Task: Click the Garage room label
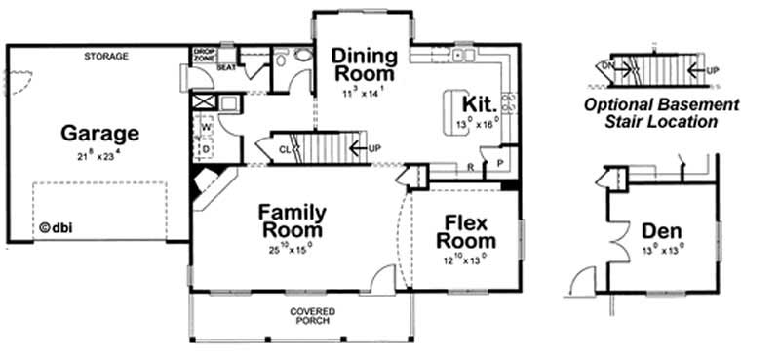point(99,134)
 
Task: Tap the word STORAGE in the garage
point(106,57)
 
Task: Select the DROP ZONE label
point(204,55)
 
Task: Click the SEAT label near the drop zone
point(226,67)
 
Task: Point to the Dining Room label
point(364,64)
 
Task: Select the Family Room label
point(292,221)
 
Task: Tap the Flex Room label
point(465,231)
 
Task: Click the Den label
point(661,231)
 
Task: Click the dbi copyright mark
point(58,230)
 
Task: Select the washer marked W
point(206,126)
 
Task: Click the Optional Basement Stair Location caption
point(661,113)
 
